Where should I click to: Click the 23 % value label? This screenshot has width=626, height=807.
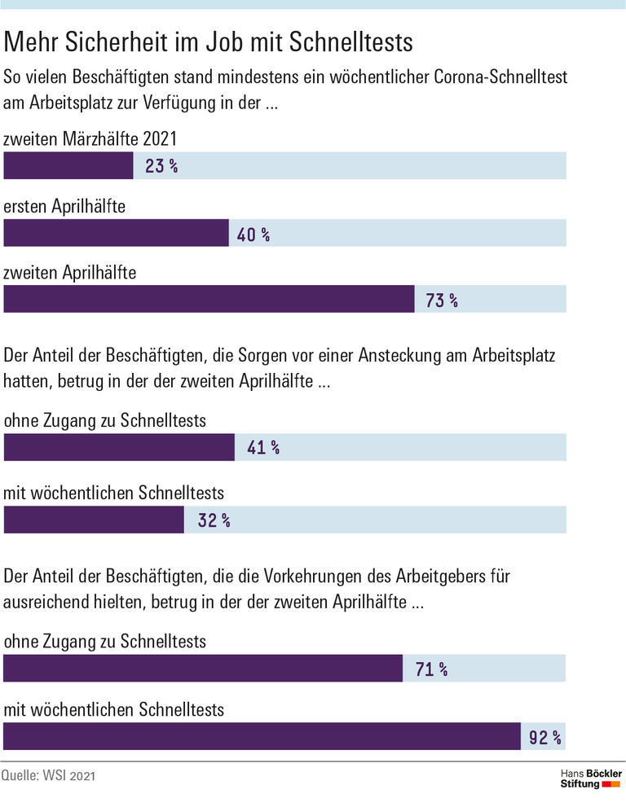coord(161,166)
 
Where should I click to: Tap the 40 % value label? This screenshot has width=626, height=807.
coord(253,235)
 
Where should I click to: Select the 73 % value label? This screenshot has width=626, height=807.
coord(441,300)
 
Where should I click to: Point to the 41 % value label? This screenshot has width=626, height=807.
coord(263,447)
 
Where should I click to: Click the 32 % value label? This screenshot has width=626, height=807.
coord(214,520)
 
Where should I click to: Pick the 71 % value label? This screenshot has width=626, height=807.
coord(431,669)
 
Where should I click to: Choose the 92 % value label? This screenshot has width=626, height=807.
coord(545,738)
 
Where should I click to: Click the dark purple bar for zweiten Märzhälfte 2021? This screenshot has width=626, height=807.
coord(68,166)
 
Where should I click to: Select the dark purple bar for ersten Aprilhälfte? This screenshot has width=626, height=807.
coord(117,235)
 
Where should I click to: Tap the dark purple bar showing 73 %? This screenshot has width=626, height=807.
coord(209,300)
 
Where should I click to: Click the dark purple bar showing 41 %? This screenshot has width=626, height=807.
coord(119,447)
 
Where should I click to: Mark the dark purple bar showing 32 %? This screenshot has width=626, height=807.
coord(94,520)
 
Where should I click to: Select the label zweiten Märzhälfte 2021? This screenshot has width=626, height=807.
coord(90,140)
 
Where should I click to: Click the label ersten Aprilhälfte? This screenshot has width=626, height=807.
coord(64,207)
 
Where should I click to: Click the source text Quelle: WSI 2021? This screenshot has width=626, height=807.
coord(49,776)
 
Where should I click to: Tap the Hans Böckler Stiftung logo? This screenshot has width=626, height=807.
coord(591,778)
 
